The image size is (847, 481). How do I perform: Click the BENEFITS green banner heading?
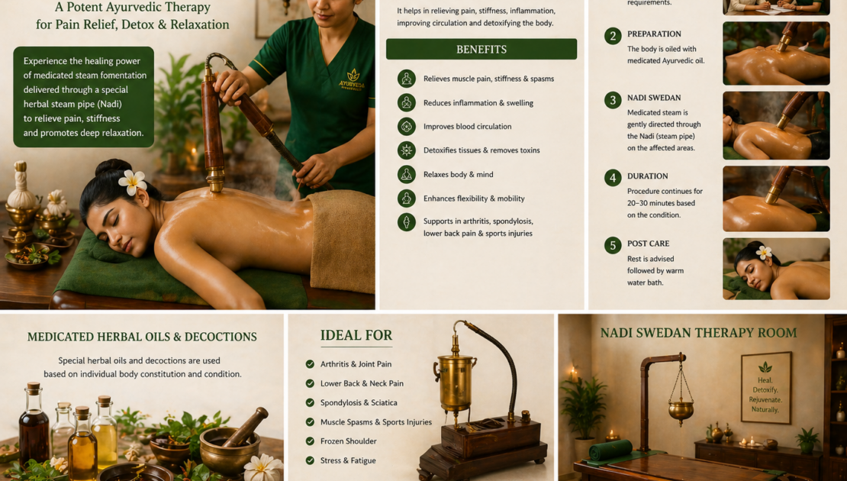(481, 49)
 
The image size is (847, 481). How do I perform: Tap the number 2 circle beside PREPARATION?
(613, 36)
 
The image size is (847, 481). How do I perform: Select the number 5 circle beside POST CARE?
(613, 245)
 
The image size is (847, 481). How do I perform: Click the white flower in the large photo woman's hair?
(132, 182)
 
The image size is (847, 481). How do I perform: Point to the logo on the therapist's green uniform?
(352, 79)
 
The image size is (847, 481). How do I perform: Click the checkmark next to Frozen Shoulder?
(310, 441)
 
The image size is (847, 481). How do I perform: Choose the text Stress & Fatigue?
(348, 460)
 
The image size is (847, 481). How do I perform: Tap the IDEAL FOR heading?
(356, 335)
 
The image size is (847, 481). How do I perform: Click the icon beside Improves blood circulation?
(406, 127)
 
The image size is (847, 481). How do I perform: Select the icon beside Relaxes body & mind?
(406, 174)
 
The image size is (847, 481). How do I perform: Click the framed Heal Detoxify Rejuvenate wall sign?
(765, 388)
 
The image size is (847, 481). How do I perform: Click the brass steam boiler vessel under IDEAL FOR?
(456, 383)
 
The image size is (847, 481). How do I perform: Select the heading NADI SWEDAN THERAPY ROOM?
(698, 332)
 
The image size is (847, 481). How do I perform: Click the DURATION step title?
(647, 176)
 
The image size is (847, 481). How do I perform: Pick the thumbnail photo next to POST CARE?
(776, 269)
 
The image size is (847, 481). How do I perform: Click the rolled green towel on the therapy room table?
(611, 450)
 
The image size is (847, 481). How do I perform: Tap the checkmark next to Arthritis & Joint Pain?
(310, 364)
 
